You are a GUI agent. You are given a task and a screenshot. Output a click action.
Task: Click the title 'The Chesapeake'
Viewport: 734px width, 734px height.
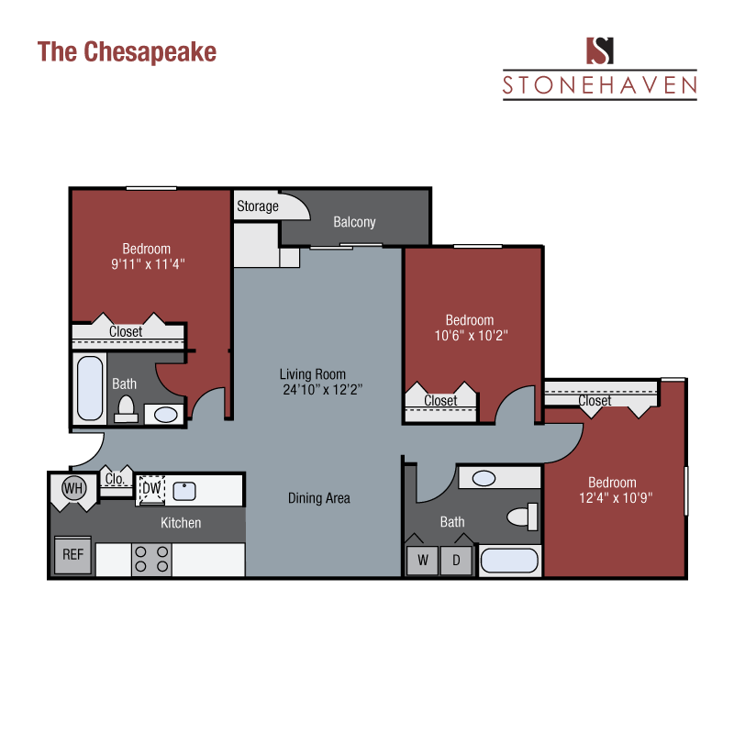coord(127,51)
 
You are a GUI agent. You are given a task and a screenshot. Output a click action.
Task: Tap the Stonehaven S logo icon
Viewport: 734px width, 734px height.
coord(600,50)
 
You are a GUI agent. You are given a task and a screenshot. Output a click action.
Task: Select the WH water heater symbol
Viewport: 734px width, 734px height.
coord(73,488)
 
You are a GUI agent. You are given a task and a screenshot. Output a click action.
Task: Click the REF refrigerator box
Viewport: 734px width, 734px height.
coord(72,554)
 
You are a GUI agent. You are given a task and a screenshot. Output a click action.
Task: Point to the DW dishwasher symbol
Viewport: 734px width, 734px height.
coord(150,490)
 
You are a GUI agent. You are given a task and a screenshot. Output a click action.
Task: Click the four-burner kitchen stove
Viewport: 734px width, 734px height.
coord(151,559)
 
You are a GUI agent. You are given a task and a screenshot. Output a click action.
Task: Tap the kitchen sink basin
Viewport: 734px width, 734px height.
coord(183,490)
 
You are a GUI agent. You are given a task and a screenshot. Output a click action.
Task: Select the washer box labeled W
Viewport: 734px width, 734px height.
coord(422,559)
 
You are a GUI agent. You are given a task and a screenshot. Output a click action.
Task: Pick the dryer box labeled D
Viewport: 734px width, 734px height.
coord(456,559)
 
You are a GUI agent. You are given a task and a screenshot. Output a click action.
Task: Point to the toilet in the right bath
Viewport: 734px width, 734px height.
coord(523,517)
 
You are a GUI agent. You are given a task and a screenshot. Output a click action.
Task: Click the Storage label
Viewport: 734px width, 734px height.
coord(258,206)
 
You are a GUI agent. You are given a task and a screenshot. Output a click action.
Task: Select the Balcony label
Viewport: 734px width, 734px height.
coord(354,222)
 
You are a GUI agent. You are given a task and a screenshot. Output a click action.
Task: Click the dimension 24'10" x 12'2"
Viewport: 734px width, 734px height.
coord(323,389)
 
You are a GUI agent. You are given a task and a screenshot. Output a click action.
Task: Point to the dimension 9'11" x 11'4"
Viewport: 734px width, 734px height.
coord(147,264)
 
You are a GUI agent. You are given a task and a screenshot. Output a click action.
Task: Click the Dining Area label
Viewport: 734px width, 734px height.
coord(318,498)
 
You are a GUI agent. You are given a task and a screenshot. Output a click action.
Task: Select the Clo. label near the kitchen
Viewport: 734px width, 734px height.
coord(116,478)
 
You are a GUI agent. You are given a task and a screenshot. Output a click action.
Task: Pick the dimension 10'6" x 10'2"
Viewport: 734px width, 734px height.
coord(470,335)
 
